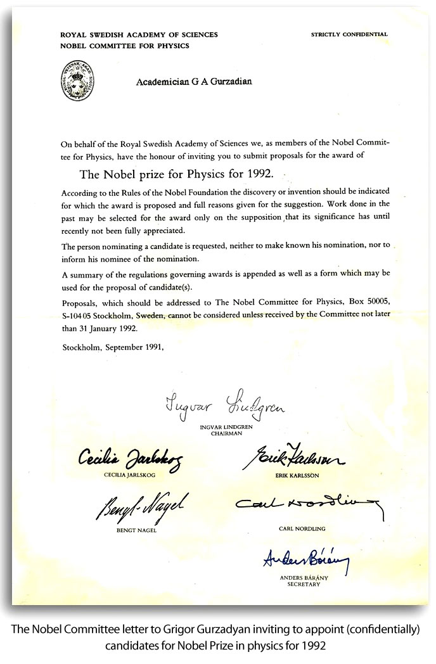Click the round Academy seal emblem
point(76,82)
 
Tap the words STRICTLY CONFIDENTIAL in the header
point(349,34)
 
